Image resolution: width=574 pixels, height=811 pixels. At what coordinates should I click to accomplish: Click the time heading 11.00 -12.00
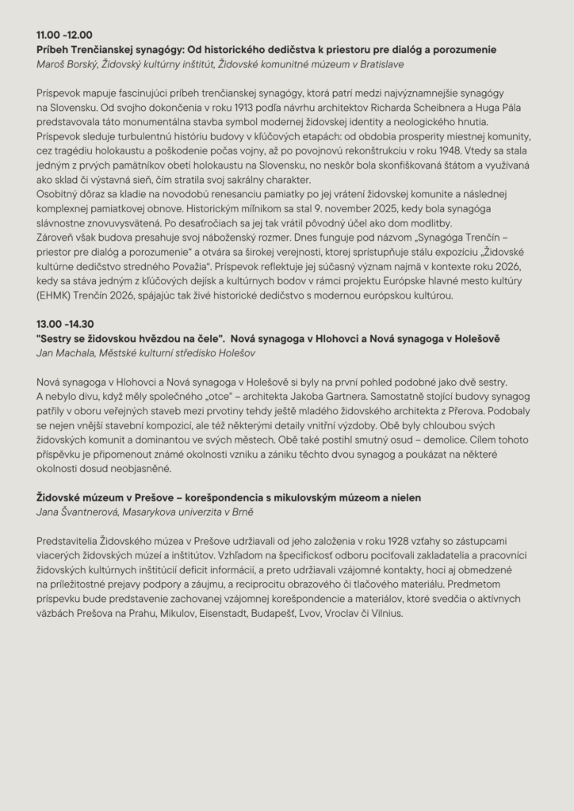tap(64, 35)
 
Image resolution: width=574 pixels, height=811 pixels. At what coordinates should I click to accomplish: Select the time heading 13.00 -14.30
tap(65, 324)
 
